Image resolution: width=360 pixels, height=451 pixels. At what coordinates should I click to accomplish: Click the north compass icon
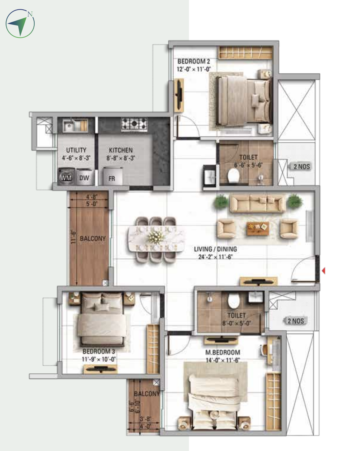[20, 24]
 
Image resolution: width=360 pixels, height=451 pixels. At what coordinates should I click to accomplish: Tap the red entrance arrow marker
[324, 271]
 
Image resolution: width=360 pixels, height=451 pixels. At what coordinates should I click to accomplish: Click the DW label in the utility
[84, 178]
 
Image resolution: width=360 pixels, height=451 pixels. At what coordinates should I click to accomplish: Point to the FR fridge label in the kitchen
[112, 179]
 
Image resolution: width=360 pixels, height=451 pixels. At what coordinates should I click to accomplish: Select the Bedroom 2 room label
[194, 62]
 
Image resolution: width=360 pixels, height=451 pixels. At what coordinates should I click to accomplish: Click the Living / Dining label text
[216, 249]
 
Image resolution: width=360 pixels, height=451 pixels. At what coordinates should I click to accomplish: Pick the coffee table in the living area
[258, 228]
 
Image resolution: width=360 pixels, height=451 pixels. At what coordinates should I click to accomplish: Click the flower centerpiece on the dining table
[156, 237]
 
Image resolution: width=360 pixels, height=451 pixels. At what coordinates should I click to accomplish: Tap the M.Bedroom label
[223, 352]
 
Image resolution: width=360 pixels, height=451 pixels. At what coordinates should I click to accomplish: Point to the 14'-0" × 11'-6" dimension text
[223, 360]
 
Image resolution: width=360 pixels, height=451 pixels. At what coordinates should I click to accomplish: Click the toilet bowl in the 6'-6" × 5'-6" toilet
[233, 175]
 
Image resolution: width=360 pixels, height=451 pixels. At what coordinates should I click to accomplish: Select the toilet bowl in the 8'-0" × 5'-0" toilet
[234, 301]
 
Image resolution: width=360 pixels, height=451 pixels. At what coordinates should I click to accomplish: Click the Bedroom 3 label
[99, 351]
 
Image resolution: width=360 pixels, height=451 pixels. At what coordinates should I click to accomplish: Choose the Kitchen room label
[121, 150]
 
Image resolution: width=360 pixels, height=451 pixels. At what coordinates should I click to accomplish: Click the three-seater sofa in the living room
[258, 203]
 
